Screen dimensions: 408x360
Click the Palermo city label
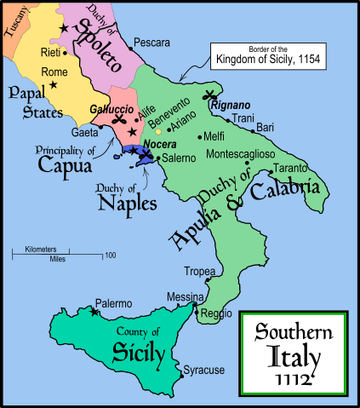pos(114,303)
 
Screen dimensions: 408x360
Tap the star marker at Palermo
pos(94,312)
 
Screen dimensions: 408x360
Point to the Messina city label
pos(185,296)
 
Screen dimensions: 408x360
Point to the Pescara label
pos(154,42)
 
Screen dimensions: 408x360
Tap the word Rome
pos(53,72)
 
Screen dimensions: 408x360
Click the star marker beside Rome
pos(53,85)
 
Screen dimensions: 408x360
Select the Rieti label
pos(50,53)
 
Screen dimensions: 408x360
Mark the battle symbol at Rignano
pos(209,96)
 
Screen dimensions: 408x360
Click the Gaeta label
pos(84,134)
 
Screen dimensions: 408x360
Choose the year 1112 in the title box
pos(296,376)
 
